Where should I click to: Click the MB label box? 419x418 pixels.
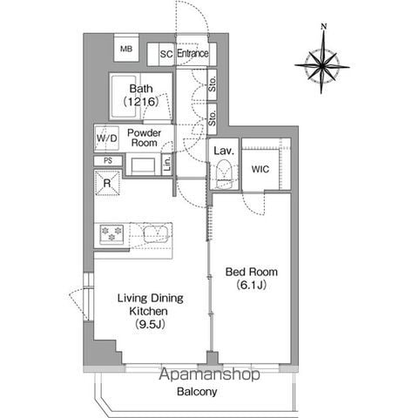pyautogui.click(x=126, y=49)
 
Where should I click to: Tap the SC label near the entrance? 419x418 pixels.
pyautogui.click(x=166, y=54)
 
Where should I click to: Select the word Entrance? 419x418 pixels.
pyautogui.click(x=193, y=53)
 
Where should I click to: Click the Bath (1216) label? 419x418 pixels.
pyautogui.click(x=141, y=95)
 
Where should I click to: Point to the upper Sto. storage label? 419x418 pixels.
pyautogui.click(x=213, y=84)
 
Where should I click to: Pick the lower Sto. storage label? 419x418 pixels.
pyautogui.click(x=213, y=118)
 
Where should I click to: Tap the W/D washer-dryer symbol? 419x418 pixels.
pyautogui.click(x=107, y=138)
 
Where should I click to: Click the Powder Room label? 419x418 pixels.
pyautogui.click(x=145, y=138)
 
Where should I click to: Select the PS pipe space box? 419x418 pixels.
pyautogui.click(x=108, y=160)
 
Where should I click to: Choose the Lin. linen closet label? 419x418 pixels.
pyautogui.click(x=167, y=164)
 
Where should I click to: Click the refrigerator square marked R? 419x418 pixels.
pyautogui.click(x=107, y=183)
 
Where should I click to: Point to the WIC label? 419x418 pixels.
pyautogui.click(x=260, y=169)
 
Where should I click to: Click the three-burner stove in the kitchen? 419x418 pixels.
pyautogui.click(x=112, y=234)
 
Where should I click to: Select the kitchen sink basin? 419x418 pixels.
pyautogui.click(x=156, y=234)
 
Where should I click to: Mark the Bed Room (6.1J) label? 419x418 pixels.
pyautogui.click(x=252, y=279)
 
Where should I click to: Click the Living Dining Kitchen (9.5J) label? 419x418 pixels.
pyautogui.click(x=150, y=311)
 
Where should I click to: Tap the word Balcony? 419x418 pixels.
pyautogui.click(x=197, y=392)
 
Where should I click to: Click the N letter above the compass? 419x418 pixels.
pyautogui.click(x=324, y=26)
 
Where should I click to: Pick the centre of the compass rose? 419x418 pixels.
pyautogui.click(x=322, y=66)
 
